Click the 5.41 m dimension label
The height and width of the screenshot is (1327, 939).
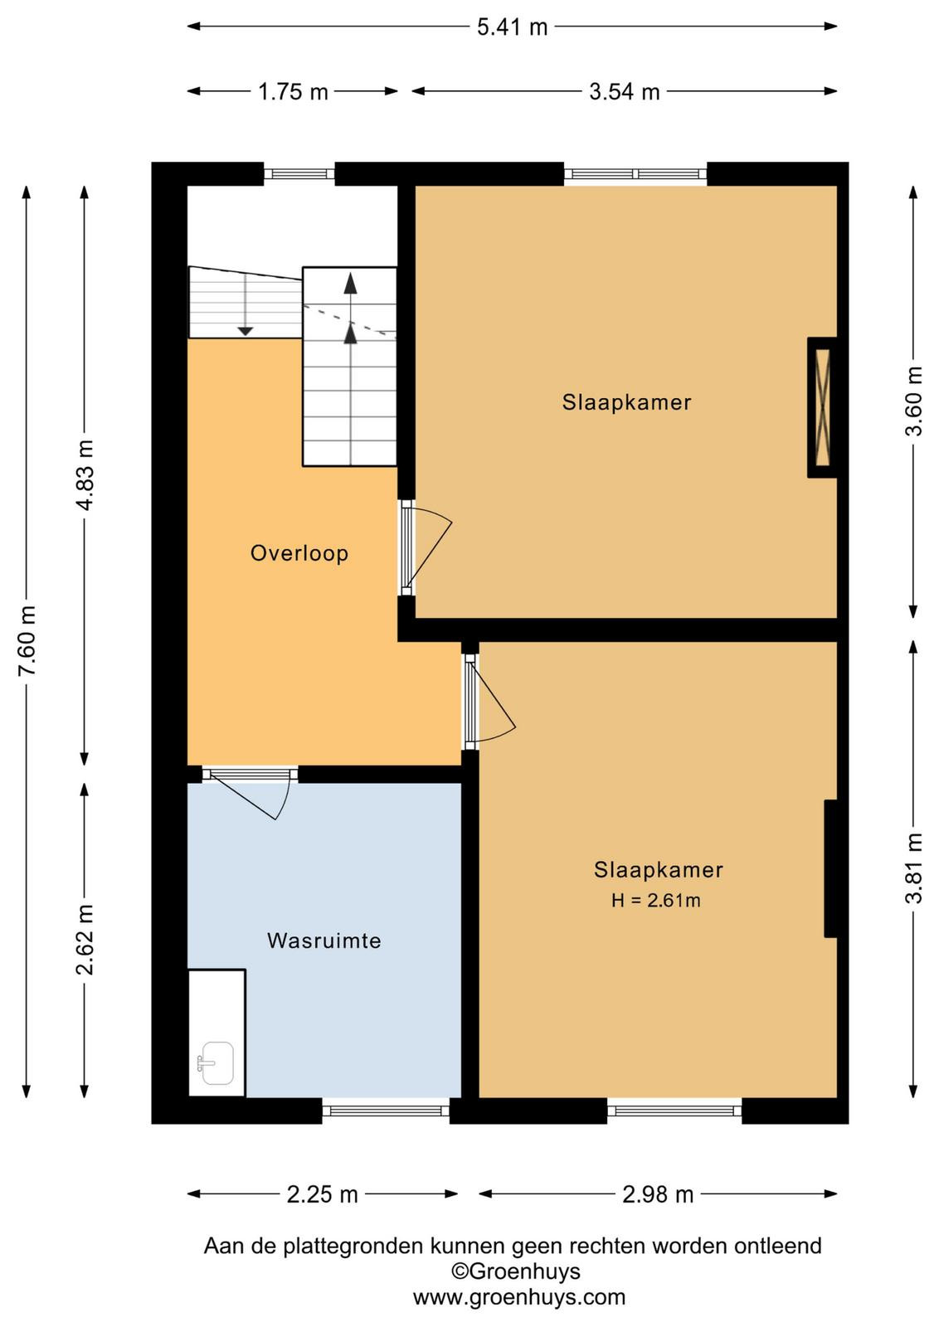click(513, 27)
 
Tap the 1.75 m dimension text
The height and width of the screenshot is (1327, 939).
click(294, 92)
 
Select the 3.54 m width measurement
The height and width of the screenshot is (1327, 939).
click(625, 92)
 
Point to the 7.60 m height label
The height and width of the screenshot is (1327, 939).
click(27, 640)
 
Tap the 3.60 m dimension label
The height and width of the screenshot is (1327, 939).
click(914, 401)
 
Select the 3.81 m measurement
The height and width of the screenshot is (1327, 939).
click(914, 868)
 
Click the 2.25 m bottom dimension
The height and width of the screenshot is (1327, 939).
click(323, 1194)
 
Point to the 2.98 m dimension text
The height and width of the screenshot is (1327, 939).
click(658, 1194)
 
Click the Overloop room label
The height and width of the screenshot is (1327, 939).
click(299, 553)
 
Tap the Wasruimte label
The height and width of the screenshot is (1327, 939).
click(324, 941)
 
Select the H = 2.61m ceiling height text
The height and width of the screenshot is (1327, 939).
click(656, 901)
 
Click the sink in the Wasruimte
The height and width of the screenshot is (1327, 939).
click(216, 1063)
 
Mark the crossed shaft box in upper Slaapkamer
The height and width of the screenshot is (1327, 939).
click(823, 407)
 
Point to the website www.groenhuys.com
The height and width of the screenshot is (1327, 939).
click(519, 1297)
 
